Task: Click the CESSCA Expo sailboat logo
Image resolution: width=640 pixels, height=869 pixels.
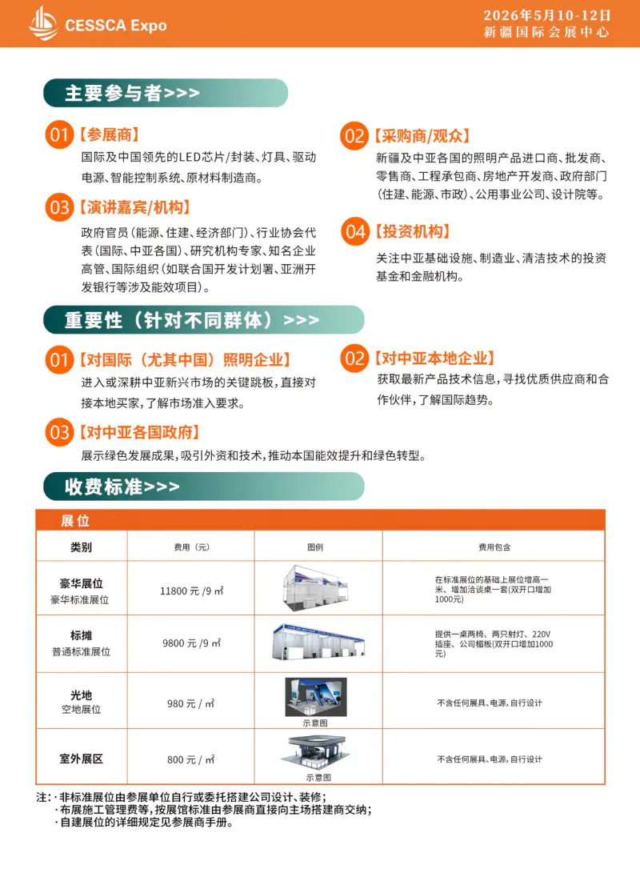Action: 43,23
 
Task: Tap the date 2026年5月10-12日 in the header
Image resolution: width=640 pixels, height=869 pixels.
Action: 547,15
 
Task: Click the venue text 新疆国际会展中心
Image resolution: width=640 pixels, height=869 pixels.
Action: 547,33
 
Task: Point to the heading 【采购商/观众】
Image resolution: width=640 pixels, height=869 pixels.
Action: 422,136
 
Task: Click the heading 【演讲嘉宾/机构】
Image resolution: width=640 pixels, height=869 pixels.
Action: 134,207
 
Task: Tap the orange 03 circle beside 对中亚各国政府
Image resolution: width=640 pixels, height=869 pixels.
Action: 59,433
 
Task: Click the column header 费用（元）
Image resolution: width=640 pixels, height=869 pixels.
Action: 190,547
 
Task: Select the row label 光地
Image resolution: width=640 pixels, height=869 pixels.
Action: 81,695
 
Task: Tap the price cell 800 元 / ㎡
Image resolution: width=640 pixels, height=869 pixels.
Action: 190,759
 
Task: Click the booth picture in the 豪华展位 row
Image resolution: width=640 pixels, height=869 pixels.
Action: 318,587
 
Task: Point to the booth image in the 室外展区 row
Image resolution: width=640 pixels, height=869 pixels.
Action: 318,752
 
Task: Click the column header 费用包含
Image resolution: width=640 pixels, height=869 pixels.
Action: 494,547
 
